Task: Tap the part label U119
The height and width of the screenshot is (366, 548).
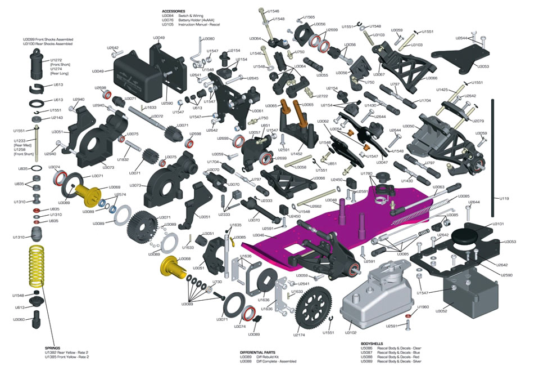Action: [x=504, y=199]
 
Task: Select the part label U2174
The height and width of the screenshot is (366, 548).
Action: [x=299, y=335]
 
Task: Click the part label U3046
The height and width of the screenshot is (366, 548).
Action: [x=259, y=235]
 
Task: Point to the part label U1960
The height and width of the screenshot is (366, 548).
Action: [x=423, y=307]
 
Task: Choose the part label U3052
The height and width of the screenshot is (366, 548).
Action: [x=441, y=311]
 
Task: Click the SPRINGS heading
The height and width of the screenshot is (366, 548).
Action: [x=52, y=348]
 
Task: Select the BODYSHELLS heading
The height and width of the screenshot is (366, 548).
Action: [x=372, y=343]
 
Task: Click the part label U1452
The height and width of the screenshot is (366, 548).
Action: [x=297, y=154]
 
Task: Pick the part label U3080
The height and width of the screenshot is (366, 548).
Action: [x=208, y=39]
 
